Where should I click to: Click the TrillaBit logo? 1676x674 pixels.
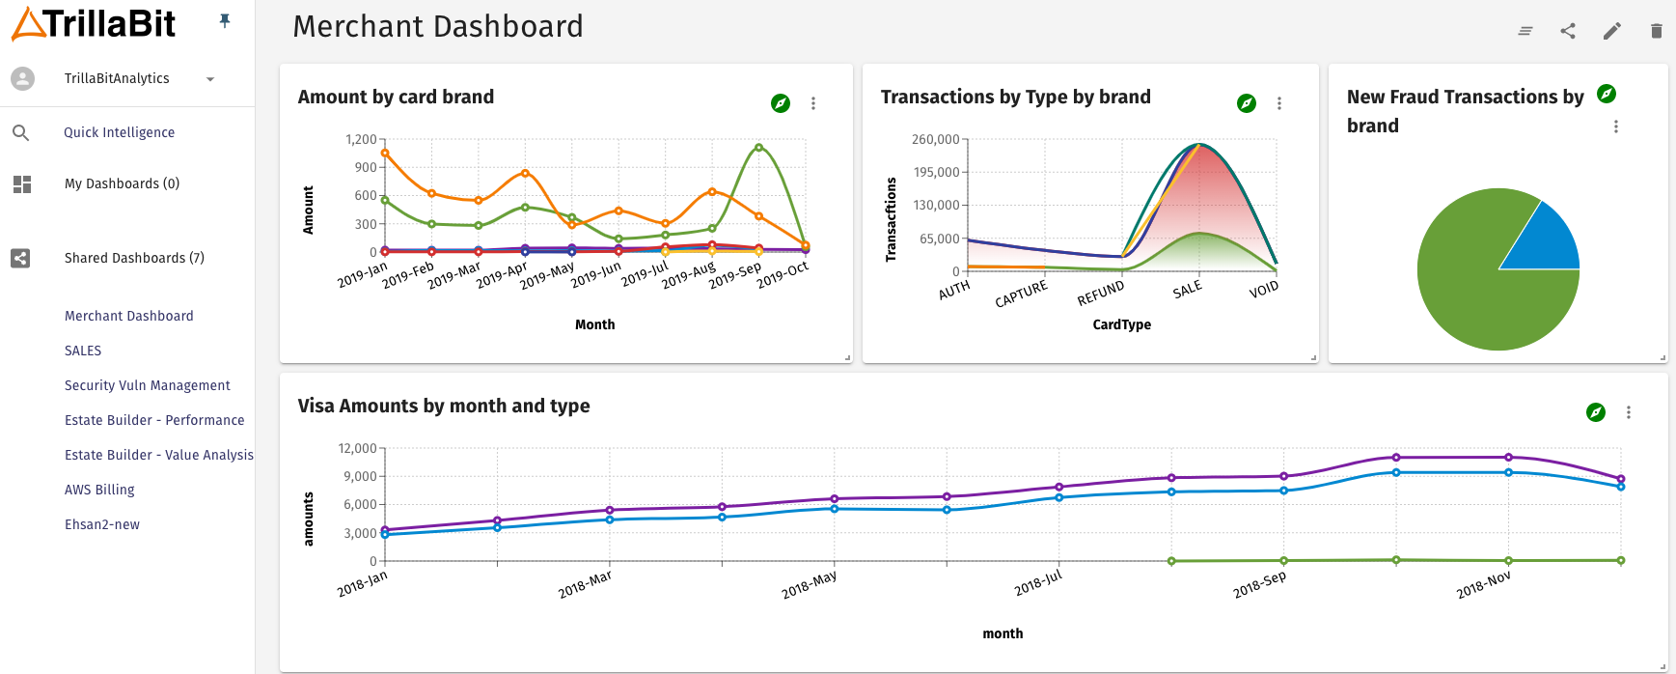coord(94,23)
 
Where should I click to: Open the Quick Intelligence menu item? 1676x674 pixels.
coord(119,132)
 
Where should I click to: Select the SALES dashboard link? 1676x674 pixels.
coord(83,351)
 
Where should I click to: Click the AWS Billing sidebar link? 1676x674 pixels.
coord(99,490)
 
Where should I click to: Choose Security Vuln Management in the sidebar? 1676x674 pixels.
coord(147,385)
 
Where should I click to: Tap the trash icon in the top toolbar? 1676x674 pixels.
coord(1656,31)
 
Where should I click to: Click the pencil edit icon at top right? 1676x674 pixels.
coord(1611,31)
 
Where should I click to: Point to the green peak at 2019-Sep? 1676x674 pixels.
coord(758,148)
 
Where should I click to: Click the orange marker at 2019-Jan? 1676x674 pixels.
coord(385,153)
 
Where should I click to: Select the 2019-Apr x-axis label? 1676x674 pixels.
coord(502,274)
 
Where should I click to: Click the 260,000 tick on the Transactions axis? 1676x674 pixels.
coord(935,139)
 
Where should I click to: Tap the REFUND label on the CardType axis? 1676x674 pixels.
coord(1100,293)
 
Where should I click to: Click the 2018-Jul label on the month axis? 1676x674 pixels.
coord(1037,582)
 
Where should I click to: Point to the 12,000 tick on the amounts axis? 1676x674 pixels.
coord(357,448)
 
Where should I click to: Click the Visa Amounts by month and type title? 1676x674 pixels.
coord(443,406)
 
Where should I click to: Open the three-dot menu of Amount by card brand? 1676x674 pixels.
coord(813,103)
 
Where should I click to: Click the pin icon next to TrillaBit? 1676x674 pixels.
coord(225,20)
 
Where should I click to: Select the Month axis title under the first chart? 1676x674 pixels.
coord(594,324)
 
